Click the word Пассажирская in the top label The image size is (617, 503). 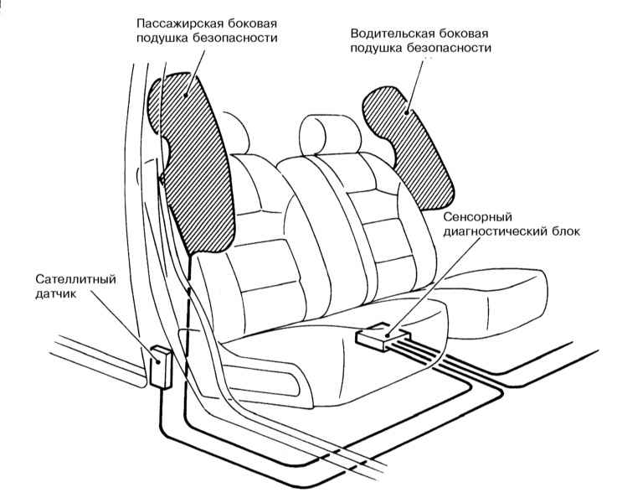[x=181, y=24]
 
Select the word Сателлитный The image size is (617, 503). [x=75, y=279]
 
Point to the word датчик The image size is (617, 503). [x=55, y=294]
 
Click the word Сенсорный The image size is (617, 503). [x=478, y=217]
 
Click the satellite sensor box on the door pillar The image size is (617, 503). [x=161, y=367]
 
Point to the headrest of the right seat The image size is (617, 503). [x=330, y=135]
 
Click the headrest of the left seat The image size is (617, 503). [x=235, y=132]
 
